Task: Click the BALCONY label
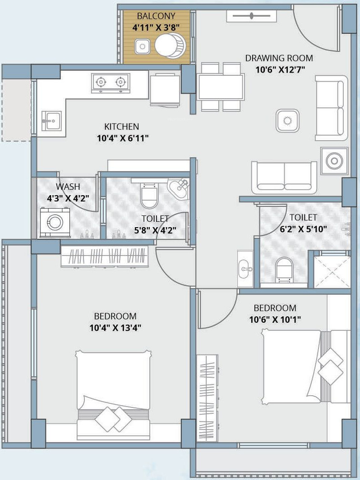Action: pyautogui.click(x=156, y=16)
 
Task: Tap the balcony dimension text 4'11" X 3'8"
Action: pyautogui.click(x=156, y=27)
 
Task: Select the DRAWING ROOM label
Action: pyautogui.click(x=279, y=58)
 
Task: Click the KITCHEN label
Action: pyautogui.click(x=122, y=127)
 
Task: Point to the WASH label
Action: pyautogui.click(x=68, y=187)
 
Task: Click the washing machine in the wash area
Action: pyautogui.click(x=55, y=222)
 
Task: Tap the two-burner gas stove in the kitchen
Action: pyautogui.click(x=111, y=82)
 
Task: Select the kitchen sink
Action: pyautogui.click(x=51, y=121)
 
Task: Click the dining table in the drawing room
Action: pyautogui.click(x=221, y=87)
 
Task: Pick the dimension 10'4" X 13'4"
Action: pyautogui.click(x=115, y=328)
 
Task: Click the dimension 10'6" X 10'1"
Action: pyautogui.click(x=275, y=320)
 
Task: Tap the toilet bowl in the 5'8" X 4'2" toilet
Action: pyautogui.click(x=149, y=195)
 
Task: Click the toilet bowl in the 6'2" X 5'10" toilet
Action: pyautogui.click(x=285, y=270)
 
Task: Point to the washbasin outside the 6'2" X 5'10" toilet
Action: pyautogui.click(x=245, y=269)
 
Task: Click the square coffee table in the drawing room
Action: pyautogui.click(x=287, y=121)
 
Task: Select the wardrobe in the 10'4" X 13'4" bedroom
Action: pyautogui.click(x=104, y=256)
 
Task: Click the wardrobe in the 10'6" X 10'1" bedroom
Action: pyautogui.click(x=207, y=398)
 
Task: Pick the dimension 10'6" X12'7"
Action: pyautogui.click(x=280, y=69)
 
